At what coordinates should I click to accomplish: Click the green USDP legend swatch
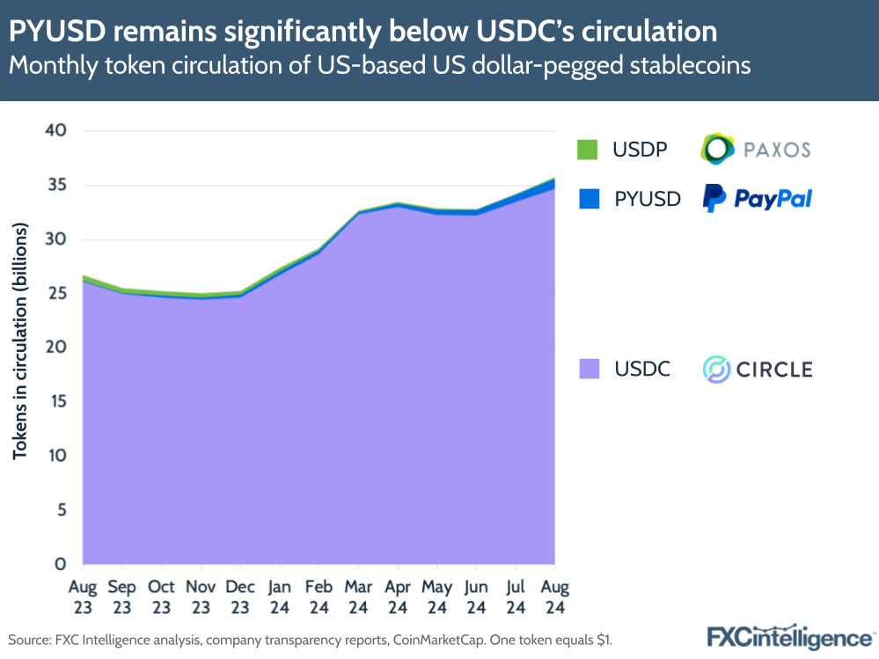[x=588, y=150]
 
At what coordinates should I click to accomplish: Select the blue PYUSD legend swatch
[x=588, y=198]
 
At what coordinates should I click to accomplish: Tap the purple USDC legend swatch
[x=588, y=369]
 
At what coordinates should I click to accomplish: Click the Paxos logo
[x=755, y=150]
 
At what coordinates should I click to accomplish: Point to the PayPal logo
[x=757, y=198]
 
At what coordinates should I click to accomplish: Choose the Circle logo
[x=757, y=369]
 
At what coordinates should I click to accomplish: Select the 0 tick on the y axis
[x=61, y=564]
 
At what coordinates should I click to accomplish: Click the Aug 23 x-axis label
[x=84, y=596]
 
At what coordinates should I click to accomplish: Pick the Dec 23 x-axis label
[x=240, y=596]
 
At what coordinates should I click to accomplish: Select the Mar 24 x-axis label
[x=358, y=596]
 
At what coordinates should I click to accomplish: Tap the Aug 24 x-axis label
[x=554, y=596]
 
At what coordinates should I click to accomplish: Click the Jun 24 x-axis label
[x=476, y=596]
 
